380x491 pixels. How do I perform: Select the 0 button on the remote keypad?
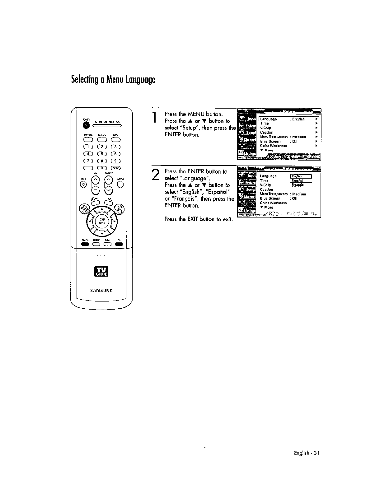pos(101,168)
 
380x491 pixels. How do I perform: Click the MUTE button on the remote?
pos(83,184)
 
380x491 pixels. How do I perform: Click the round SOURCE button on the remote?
pos(121,184)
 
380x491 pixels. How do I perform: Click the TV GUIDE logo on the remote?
pos(101,271)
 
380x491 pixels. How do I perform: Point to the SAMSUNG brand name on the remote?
pos(101,291)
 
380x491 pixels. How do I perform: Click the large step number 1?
pos(155,118)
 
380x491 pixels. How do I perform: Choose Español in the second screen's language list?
pos(297,180)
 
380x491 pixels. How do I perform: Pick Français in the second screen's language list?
pos(297,185)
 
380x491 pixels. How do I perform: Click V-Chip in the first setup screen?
pos(265,128)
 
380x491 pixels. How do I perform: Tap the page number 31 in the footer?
pos(317,453)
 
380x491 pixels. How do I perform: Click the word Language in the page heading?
pos(140,80)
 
